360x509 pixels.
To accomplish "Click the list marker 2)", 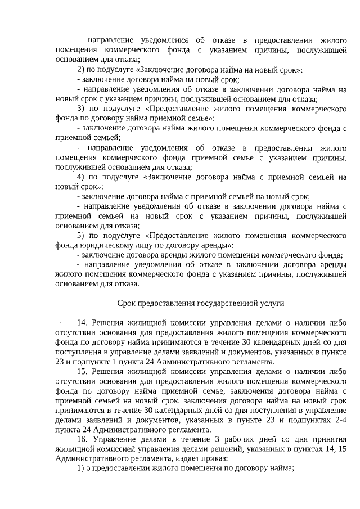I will pos(80,70).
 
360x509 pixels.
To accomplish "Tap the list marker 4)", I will pos(80,177).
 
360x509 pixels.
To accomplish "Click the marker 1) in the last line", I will pos(80,469).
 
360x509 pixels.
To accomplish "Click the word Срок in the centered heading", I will pos(127,303).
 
